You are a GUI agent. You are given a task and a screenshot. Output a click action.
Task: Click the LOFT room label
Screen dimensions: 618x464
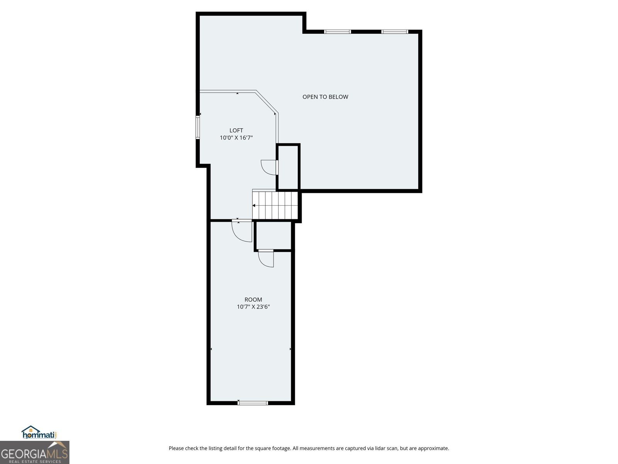point(236,130)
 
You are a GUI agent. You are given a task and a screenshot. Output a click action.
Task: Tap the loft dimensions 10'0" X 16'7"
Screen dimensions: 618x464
point(236,138)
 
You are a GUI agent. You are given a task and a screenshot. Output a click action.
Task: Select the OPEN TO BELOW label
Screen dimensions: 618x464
point(325,97)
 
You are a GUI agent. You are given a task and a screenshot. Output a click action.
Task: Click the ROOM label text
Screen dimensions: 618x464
point(253,299)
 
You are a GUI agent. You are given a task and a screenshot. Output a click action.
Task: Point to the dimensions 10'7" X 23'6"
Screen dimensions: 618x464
point(253,307)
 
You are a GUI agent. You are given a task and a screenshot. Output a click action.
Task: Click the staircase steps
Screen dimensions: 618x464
point(275,205)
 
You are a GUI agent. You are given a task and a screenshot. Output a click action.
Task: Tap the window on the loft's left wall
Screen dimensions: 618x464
point(198,127)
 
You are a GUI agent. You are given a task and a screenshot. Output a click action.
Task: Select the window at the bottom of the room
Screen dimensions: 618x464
point(253,403)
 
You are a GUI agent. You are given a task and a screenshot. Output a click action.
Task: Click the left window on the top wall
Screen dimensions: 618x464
point(337,32)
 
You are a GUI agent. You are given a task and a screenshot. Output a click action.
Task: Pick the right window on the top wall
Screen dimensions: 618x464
point(394,32)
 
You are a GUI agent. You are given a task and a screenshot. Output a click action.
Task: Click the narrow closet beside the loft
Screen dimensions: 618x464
point(288,167)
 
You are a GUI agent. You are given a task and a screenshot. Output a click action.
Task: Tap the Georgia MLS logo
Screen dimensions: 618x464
point(34,452)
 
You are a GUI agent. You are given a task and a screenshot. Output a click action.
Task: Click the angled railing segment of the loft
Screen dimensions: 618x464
point(267,102)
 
